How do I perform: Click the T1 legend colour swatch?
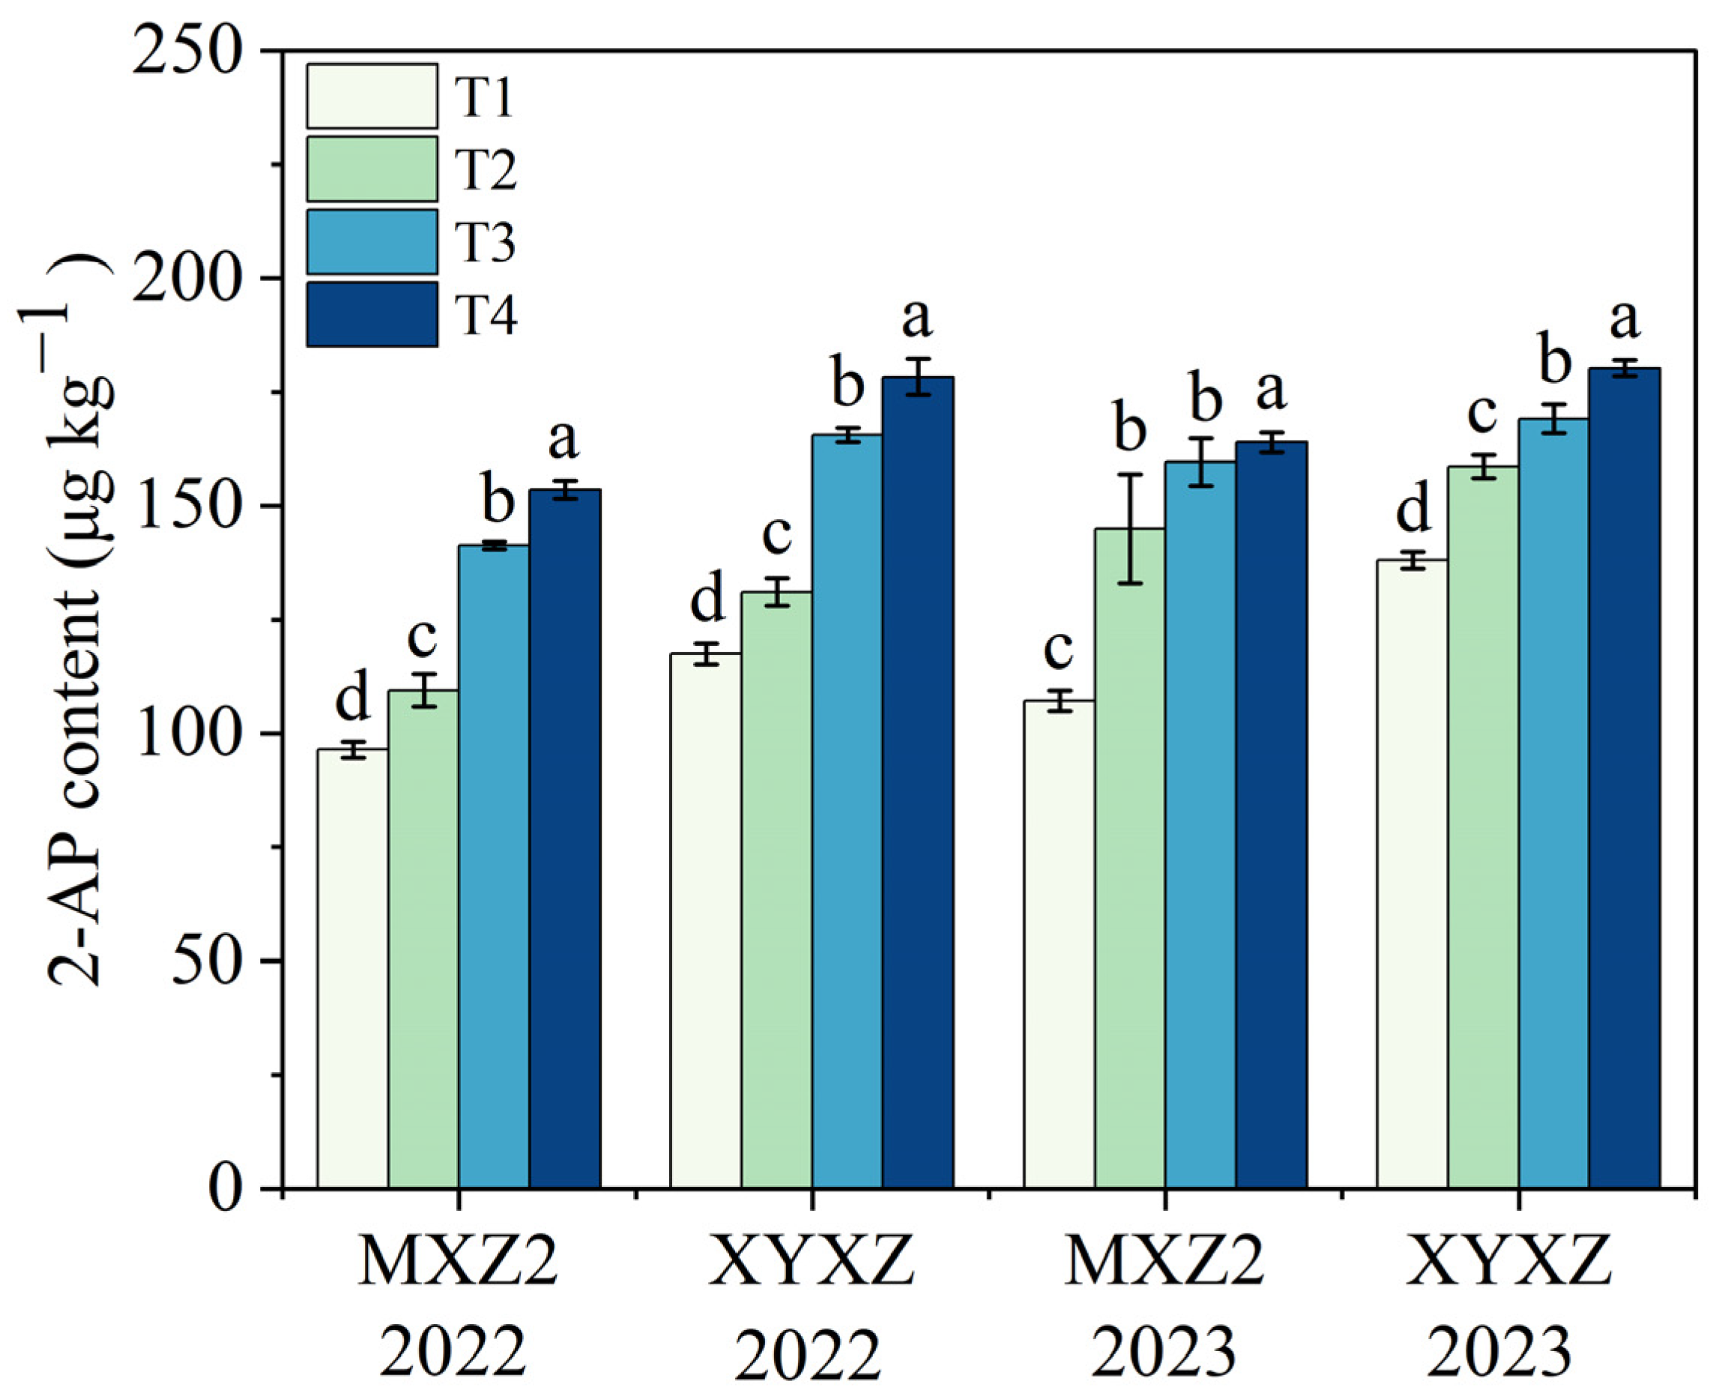point(372,96)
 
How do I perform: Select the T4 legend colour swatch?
point(372,314)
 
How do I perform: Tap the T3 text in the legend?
point(485,242)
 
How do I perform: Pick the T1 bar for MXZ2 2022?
point(352,969)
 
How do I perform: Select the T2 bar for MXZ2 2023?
point(1130,856)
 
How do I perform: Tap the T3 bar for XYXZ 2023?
point(1553,801)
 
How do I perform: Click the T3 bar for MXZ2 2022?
point(493,865)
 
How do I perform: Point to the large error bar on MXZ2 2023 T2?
point(1130,528)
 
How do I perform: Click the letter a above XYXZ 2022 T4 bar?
point(917,318)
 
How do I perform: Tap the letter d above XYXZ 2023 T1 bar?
point(1413,510)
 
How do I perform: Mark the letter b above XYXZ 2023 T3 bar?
point(1555,365)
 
